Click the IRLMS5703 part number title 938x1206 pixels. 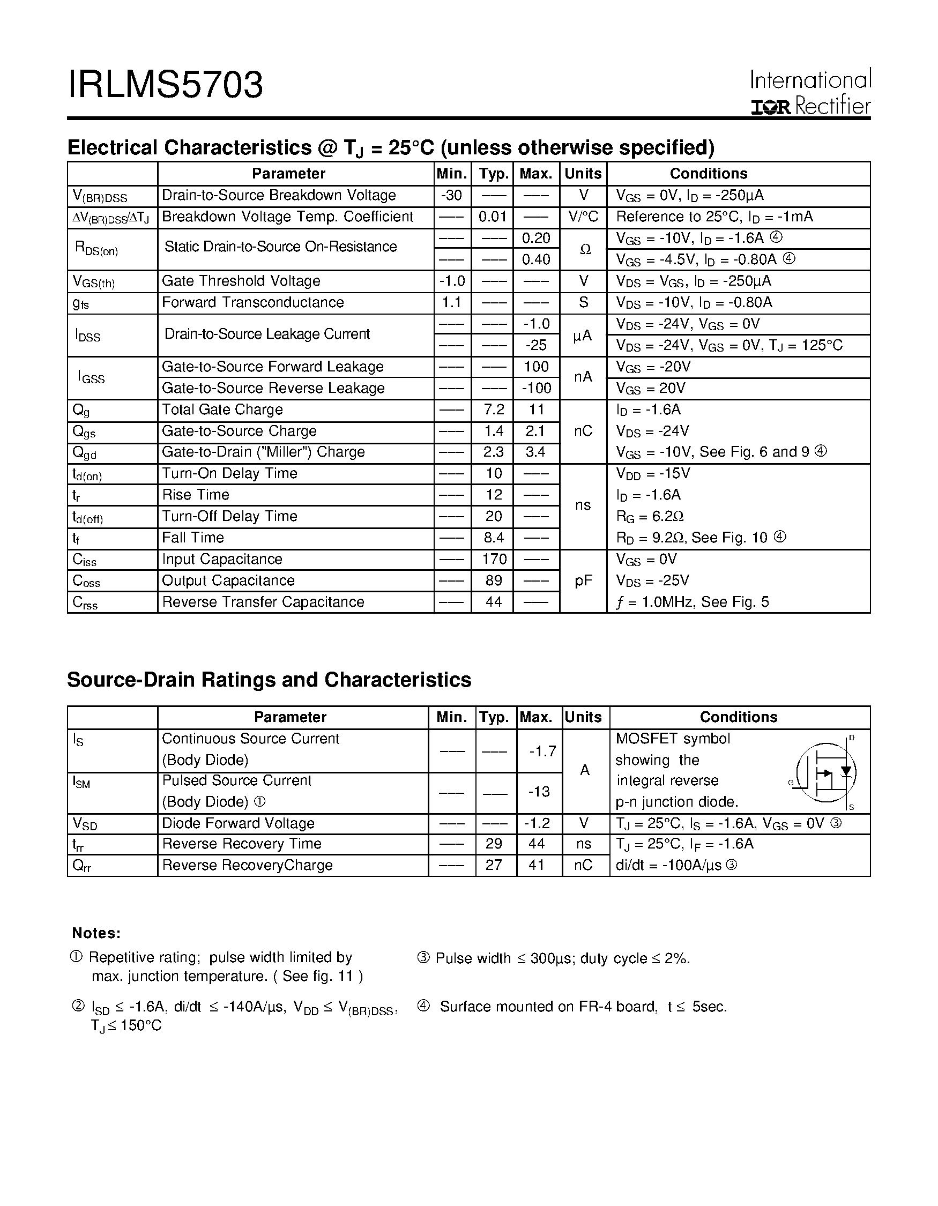pyautogui.click(x=165, y=85)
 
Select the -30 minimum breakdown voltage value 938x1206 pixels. pyautogui.click(x=452, y=196)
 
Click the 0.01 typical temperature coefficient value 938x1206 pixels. pyautogui.click(x=493, y=217)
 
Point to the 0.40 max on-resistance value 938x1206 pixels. pyautogui.click(x=536, y=259)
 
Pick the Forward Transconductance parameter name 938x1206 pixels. pyautogui.click(x=253, y=303)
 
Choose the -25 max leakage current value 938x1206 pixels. pyautogui.click(x=536, y=346)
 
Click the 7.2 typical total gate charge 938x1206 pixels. pyautogui.click(x=493, y=410)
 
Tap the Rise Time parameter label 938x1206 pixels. pyautogui.click(x=196, y=495)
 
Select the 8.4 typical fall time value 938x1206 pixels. pyautogui.click(x=493, y=538)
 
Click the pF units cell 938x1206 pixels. pyautogui.click(x=584, y=581)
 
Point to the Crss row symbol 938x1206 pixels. pyautogui.click(x=85, y=603)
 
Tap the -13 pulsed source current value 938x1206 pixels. pyautogui.click(x=539, y=792)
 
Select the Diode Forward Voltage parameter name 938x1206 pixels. pyautogui.click(x=238, y=824)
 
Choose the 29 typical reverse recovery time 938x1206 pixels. pyautogui.click(x=494, y=844)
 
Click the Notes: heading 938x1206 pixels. pyautogui.click(x=96, y=934)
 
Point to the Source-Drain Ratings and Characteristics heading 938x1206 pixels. pyautogui.click(x=269, y=680)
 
